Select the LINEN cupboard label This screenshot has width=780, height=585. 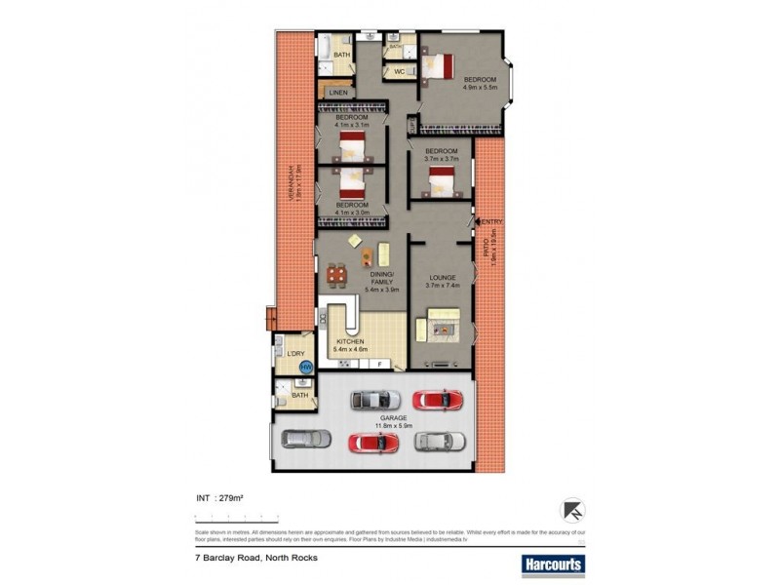pyautogui.click(x=338, y=93)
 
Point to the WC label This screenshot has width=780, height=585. pyautogui.click(x=399, y=72)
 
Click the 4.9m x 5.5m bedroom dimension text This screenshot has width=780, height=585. pyautogui.click(x=480, y=87)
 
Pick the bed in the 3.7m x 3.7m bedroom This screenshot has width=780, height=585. pyautogui.click(x=444, y=179)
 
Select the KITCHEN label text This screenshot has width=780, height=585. pyautogui.click(x=351, y=342)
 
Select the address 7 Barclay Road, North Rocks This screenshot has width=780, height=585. pyautogui.click(x=255, y=559)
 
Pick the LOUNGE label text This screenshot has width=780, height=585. pyautogui.click(x=442, y=277)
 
